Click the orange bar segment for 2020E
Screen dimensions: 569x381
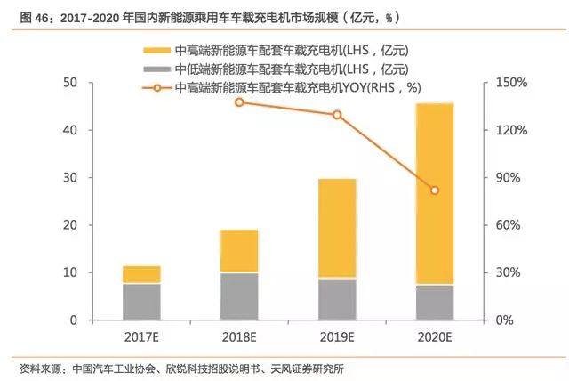tap(435, 193)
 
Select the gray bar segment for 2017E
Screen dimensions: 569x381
tap(141, 302)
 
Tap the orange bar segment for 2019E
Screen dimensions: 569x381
tap(337, 229)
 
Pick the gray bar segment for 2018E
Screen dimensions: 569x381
tap(239, 296)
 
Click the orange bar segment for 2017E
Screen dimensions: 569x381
tap(141, 274)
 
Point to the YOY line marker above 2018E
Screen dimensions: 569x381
tap(239, 102)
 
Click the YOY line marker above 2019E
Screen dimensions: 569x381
tap(337, 115)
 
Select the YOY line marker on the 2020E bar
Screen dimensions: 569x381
tap(435, 190)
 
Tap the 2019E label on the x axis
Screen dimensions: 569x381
tap(337, 337)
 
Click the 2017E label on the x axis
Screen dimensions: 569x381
tap(141, 337)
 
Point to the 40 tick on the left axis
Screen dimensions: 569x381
tap(70, 130)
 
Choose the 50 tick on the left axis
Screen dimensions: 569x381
tap(70, 83)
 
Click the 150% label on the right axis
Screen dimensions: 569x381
tap(512, 83)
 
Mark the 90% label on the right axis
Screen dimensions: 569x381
tap(508, 178)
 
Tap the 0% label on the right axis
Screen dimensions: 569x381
tap(504, 320)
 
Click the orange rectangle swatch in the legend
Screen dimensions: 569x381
tap(156, 50)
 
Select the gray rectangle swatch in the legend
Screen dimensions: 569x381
tap(156, 69)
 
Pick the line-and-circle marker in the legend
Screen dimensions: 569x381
tap(156, 88)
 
